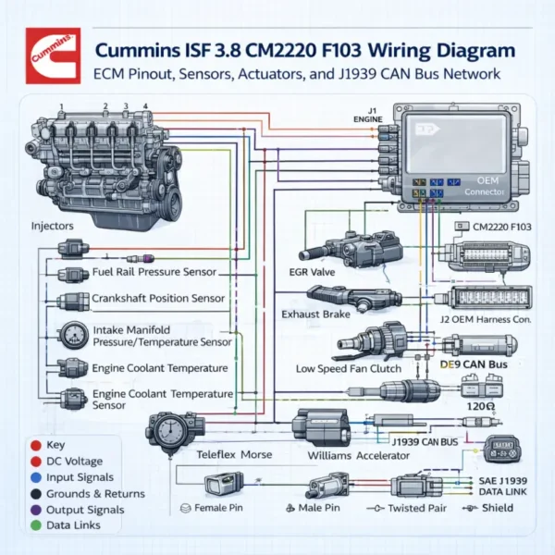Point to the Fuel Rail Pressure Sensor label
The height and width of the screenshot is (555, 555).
pos(154,272)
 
